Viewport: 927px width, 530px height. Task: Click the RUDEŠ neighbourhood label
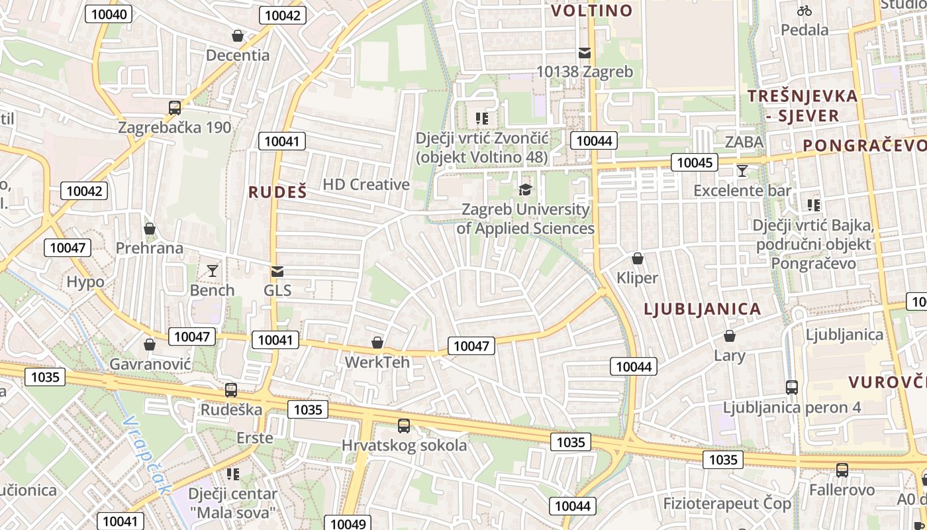click(278, 192)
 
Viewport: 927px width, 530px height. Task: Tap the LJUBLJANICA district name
click(703, 309)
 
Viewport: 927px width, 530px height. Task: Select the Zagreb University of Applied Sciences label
click(525, 219)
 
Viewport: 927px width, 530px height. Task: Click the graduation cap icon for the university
click(525, 190)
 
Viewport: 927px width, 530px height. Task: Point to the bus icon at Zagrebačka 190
click(175, 107)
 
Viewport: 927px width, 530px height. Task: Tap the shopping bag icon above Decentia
click(238, 36)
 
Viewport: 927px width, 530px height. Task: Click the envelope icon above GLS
click(277, 272)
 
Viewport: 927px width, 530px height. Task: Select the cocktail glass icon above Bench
click(213, 270)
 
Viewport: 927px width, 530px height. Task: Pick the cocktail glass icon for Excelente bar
click(742, 171)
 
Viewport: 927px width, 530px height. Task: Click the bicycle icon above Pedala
click(805, 11)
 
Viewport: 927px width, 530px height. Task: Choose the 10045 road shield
click(695, 162)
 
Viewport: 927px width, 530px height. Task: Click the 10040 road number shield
click(109, 14)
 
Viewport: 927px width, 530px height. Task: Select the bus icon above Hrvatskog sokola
click(404, 426)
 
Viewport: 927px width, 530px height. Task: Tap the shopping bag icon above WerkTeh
click(377, 343)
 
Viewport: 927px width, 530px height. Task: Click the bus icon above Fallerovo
click(842, 470)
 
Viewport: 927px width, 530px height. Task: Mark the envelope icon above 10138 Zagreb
click(585, 52)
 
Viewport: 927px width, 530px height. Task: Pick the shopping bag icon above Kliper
click(638, 258)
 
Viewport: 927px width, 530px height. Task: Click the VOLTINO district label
click(592, 11)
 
